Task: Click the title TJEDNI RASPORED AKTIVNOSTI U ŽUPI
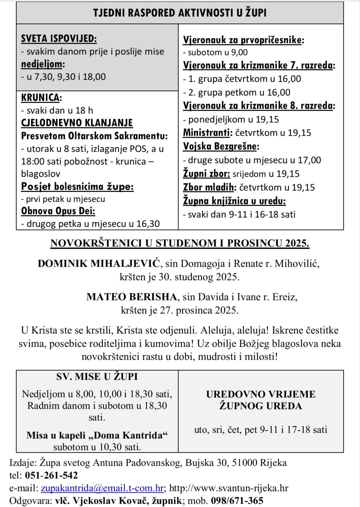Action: click(180, 13)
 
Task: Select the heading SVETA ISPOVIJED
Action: click(59, 39)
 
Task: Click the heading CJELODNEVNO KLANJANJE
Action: click(77, 123)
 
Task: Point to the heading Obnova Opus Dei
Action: click(58, 211)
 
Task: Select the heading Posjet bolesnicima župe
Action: click(77, 186)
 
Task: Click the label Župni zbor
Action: click(206, 174)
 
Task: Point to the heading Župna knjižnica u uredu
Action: click(234, 201)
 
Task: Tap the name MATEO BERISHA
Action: click(132, 297)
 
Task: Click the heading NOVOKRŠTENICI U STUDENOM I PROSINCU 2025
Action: click(180, 243)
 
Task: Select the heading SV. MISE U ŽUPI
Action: click(97, 377)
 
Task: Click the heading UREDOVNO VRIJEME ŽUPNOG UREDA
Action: click(261, 400)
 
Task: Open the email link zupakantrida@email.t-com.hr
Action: click(102, 488)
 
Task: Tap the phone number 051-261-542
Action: click(51, 475)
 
